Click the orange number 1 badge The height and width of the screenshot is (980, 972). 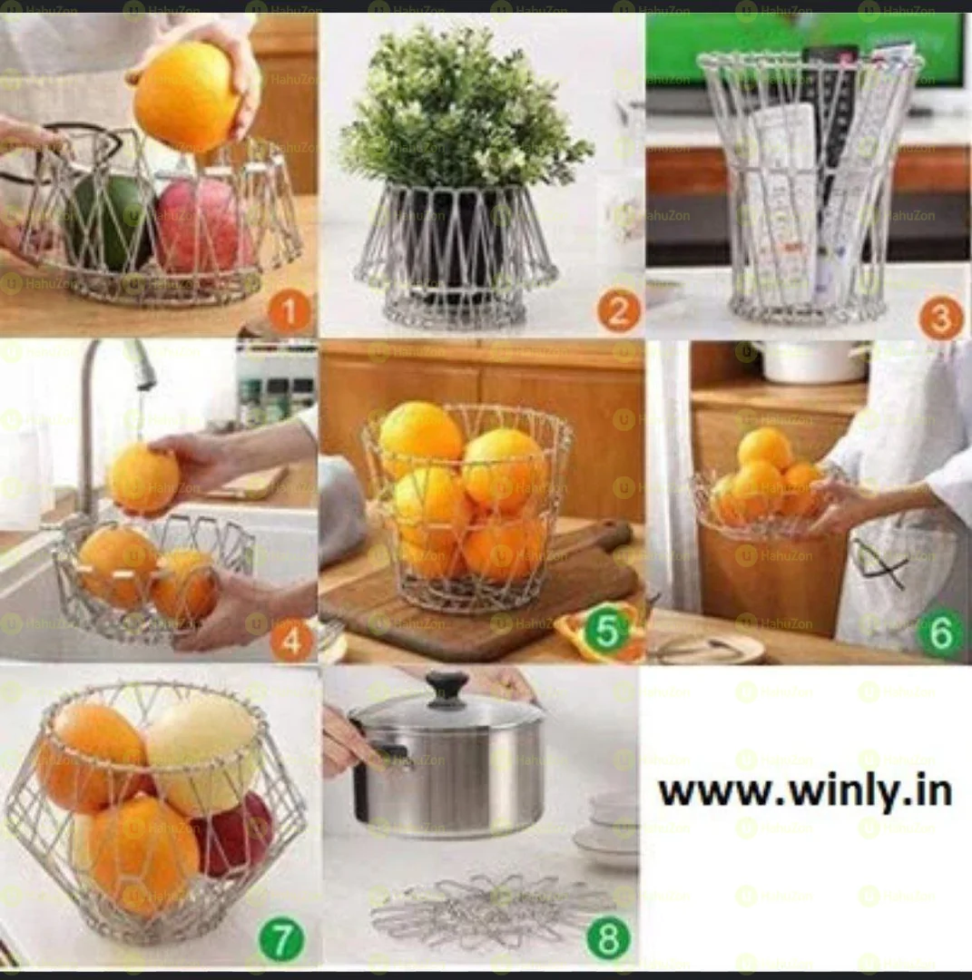click(289, 313)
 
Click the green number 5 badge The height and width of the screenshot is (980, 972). click(605, 632)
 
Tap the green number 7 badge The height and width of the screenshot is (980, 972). click(281, 940)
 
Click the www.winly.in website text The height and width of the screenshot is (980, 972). click(805, 791)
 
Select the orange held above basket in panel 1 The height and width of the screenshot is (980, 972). click(186, 98)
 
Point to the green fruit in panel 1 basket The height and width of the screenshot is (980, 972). click(111, 220)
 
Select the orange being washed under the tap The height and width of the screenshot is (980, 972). click(143, 478)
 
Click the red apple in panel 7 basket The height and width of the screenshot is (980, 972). click(238, 832)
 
